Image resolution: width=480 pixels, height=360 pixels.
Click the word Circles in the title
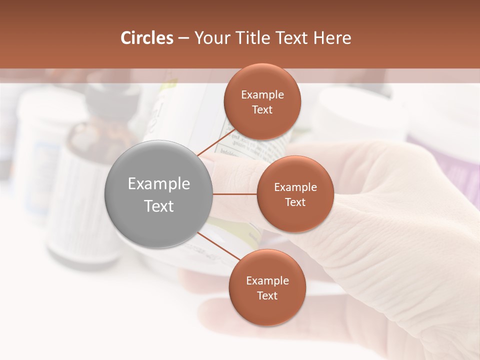(147, 38)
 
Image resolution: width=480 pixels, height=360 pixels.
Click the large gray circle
(158, 194)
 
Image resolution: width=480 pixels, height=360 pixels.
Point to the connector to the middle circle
(234, 193)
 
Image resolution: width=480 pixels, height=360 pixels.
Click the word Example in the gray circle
(158, 183)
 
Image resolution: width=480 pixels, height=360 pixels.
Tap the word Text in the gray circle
(158, 206)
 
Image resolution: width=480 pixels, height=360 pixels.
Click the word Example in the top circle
(262, 94)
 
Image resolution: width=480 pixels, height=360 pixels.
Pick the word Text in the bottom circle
(267, 295)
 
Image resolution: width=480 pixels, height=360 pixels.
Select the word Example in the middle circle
(295, 187)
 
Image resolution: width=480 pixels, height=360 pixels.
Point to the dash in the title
(183, 38)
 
